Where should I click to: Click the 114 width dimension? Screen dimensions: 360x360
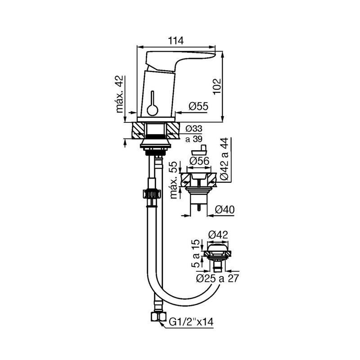tap(176, 41)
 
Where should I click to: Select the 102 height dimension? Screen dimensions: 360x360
tap(217, 86)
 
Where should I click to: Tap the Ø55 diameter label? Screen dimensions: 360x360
tap(198, 106)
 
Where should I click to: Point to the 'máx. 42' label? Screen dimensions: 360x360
tap(119, 94)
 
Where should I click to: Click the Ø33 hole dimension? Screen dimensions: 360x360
tap(194, 129)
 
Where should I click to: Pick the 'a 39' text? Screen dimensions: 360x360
tap(194, 139)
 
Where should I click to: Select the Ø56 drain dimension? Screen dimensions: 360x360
tap(199, 161)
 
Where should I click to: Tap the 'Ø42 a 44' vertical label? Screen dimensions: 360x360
tap(224, 159)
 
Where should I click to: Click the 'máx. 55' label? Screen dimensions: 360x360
tap(174, 180)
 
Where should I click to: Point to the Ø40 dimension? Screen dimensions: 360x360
tap(225, 209)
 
